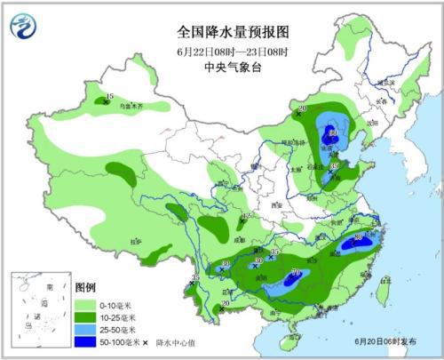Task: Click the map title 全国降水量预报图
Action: pyautogui.click(x=221, y=30)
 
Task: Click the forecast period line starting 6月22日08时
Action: pyautogui.click(x=221, y=48)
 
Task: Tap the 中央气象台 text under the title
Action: pyautogui.click(x=221, y=64)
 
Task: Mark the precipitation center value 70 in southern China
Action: pyautogui.click(x=295, y=273)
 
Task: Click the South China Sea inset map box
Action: pyautogui.click(x=37, y=310)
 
